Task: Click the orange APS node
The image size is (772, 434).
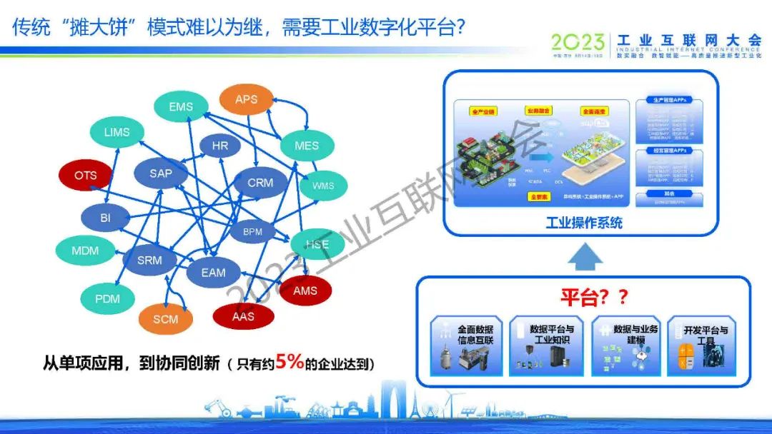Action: tap(246, 99)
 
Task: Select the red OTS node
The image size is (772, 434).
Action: tap(85, 176)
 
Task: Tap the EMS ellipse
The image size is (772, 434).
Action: tap(181, 107)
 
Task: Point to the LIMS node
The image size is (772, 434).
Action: tap(117, 132)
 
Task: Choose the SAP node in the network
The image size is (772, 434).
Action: tap(161, 173)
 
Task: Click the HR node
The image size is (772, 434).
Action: tap(220, 146)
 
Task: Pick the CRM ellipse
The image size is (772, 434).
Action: tap(260, 183)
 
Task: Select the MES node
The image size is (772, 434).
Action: tap(306, 146)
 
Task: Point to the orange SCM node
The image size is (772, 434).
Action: tap(165, 319)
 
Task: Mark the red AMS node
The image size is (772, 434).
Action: tap(305, 291)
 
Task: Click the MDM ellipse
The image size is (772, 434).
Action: tap(85, 251)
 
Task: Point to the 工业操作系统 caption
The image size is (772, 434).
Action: tap(583, 223)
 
